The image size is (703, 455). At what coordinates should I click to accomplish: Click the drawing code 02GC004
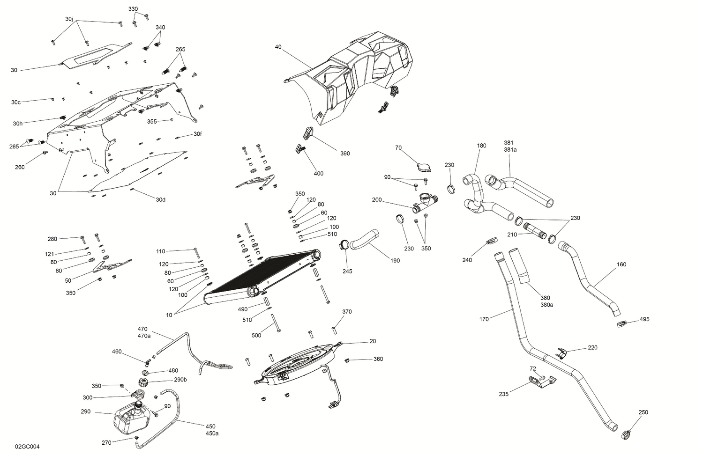(x=27, y=447)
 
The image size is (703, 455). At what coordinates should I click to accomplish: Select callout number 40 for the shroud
(x=278, y=47)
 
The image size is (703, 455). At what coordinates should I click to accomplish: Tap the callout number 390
(x=345, y=154)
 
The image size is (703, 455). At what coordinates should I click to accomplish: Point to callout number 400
(x=318, y=174)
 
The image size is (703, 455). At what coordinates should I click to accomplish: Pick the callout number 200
(x=377, y=200)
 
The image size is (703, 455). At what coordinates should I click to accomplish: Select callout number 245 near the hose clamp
(x=347, y=272)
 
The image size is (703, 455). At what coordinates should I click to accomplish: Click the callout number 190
(x=395, y=260)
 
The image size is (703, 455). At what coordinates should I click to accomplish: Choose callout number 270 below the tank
(x=106, y=442)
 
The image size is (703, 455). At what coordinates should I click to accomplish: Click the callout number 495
(x=644, y=319)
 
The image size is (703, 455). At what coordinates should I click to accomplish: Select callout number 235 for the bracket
(x=504, y=394)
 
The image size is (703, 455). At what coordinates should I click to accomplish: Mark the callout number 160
(x=621, y=264)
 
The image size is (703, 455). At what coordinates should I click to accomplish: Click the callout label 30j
(x=69, y=19)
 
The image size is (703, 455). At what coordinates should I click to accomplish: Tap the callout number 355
(x=152, y=121)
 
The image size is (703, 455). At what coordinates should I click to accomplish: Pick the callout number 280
(x=52, y=239)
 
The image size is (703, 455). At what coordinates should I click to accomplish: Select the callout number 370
(x=347, y=312)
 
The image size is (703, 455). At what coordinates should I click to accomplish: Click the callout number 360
(x=378, y=359)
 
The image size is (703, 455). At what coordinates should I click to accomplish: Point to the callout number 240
(x=467, y=260)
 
